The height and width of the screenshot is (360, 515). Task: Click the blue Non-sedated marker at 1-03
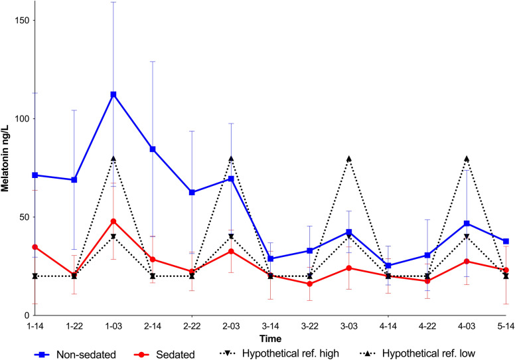(x=113, y=94)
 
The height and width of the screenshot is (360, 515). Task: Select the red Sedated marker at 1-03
(x=113, y=221)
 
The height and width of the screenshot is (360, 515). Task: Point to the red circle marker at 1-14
(x=35, y=247)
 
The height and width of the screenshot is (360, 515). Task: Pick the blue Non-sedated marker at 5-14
(x=506, y=241)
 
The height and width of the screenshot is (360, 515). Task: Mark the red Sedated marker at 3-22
(x=310, y=284)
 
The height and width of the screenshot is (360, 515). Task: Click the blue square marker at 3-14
(x=271, y=258)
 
